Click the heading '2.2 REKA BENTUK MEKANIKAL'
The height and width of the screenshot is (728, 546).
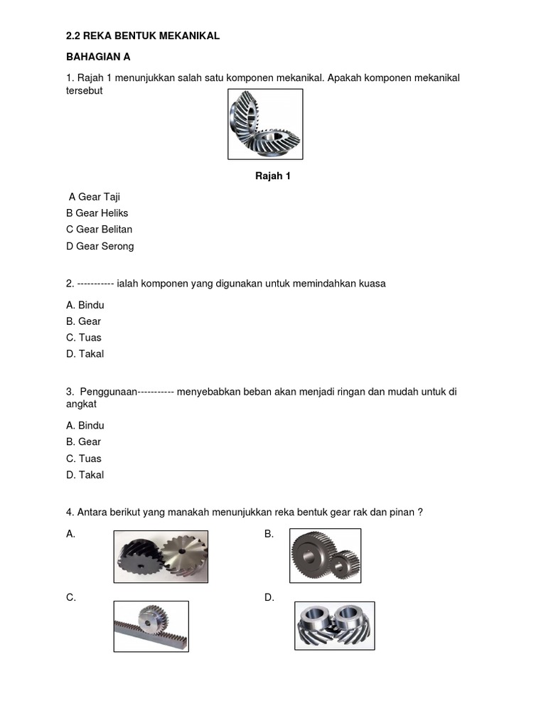click(142, 36)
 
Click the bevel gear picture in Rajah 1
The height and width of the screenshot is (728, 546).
click(264, 124)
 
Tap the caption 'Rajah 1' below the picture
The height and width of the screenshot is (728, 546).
click(273, 176)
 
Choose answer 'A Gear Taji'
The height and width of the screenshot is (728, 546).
click(100, 196)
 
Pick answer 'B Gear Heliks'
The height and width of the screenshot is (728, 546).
click(97, 213)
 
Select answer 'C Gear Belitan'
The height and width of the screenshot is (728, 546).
click(99, 229)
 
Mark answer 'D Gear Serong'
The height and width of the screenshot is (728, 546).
click(100, 246)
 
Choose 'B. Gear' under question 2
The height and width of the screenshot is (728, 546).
click(83, 321)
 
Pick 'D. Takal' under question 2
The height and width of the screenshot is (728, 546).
click(85, 353)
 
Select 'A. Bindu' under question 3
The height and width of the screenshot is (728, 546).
click(85, 425)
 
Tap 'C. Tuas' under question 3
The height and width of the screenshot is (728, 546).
click(83, 459)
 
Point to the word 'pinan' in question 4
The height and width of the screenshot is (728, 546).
click(402, 512)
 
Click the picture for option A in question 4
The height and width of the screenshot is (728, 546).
click(161, 557)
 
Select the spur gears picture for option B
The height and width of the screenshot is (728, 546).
click(325, 555)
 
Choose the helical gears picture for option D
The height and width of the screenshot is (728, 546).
click(334, 626)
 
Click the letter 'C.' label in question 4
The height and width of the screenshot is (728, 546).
click(71, 598)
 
